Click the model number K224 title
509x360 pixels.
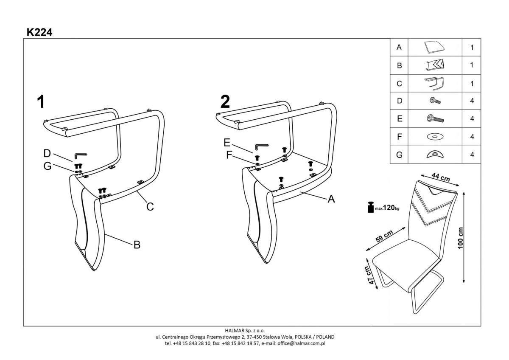coord(39,32)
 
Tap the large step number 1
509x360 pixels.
coord(41,102)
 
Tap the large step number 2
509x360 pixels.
coord(225,102)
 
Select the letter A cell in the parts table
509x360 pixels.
coord(399,48)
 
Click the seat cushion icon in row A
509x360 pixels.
coord(434,47)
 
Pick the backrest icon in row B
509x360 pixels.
coord(434,65)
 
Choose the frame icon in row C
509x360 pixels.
coord(434,83)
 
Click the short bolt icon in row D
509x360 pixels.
coord(434,101)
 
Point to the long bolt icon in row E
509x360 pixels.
coord(434,119)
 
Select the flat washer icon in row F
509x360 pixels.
coord(434,137)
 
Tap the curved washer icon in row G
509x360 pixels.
coord(434,155)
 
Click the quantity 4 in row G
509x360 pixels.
coord(472,155)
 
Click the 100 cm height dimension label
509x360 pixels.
coord(461,238)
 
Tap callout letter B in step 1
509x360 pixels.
coord(137,245)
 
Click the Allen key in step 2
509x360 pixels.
coord(261,147)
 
